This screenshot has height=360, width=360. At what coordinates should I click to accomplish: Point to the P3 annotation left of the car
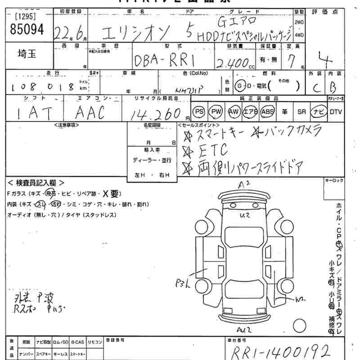click(183, 283)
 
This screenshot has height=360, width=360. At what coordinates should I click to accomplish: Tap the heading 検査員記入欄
click(36, 183)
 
